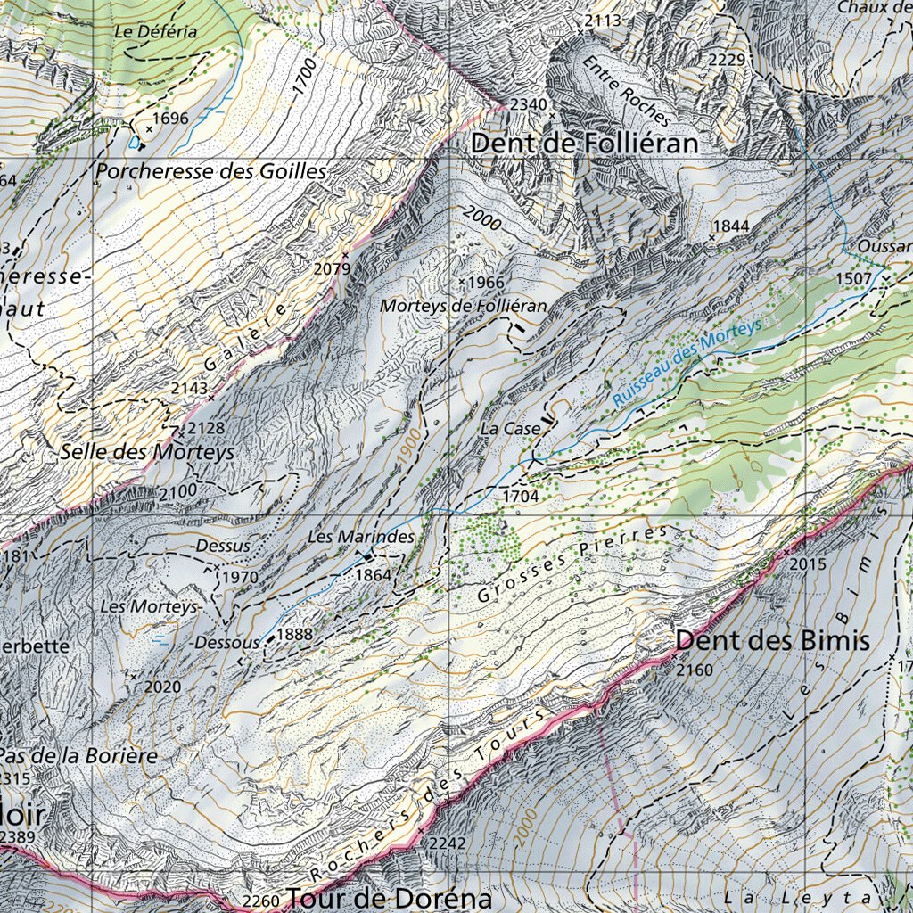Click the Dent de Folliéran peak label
[x=584, y=144]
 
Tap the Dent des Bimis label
[x=772, y=640]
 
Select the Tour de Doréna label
[x=391, y=897]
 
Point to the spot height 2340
[x=528, y=104]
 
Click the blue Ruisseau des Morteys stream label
[x=687, y=364]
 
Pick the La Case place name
[x=510, y=429]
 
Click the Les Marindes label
[x=361, y=537]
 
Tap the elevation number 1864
[x=374, y=575]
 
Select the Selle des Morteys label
[x=147, y=452]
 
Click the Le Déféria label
[x=155, y=30]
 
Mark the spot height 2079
[x=332, y=267]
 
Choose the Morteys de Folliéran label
[x=463, y=306]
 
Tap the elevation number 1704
[x=521, y=495]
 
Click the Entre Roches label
[x=627, y=91]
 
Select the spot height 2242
[x=448, y=843]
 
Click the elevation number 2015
[x=809, y=564]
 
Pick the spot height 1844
[x=731, y=226]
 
